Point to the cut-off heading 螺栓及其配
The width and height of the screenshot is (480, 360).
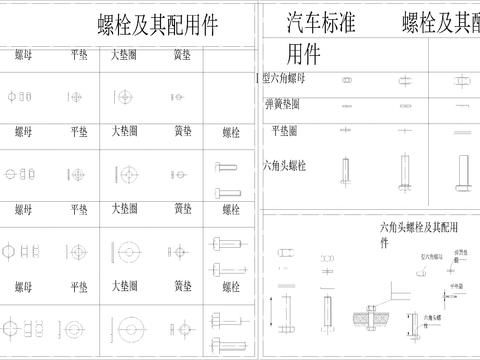tap(440, 22)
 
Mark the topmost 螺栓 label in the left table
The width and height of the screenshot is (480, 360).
tap(231, 131)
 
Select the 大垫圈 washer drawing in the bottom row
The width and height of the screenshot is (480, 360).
tap(128, 328)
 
